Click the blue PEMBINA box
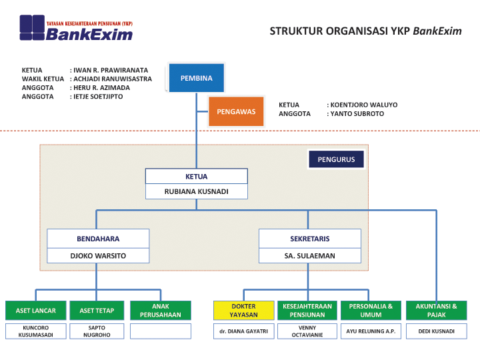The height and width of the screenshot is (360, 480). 196,78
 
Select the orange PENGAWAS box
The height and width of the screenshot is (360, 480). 236,111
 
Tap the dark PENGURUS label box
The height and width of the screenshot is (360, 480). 336,159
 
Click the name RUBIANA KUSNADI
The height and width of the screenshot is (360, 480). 197,191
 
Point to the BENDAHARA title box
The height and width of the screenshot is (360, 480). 98,238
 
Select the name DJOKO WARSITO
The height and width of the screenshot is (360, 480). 98,255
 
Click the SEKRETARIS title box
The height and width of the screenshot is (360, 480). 309,238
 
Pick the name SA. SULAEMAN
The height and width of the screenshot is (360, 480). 309,255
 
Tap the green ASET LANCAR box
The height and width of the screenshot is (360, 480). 36,310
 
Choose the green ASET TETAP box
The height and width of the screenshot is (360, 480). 97,310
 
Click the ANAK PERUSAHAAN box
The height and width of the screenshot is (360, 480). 160,310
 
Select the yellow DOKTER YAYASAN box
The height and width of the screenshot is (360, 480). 243,310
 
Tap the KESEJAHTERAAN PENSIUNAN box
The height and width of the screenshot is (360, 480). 307,310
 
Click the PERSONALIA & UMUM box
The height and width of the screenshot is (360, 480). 371,310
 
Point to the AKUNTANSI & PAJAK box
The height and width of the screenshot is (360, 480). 437,310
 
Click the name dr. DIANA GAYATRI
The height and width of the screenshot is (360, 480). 243,331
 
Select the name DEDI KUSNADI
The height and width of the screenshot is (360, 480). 437,331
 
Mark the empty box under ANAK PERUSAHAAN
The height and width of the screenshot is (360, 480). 160,331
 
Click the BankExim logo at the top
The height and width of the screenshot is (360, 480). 76,28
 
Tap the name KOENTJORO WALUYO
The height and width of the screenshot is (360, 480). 362,105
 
